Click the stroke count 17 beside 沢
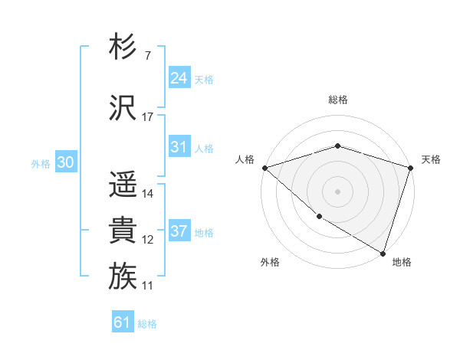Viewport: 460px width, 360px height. pyautogui.click(x=148, y=117)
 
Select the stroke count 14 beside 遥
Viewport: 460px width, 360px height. pyautogui.click(x=148, y=194)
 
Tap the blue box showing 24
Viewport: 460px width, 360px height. pyautogui.click(x=179, y=77)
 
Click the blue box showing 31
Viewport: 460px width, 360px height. pyautogui.click(x=179, y=147)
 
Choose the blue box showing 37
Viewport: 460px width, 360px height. pyautogui.click(x=179, y=231)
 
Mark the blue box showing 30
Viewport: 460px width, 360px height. pyautogui.click(x=65, y=162)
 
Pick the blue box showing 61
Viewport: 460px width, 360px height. pyautogui.click(x=123, y=322)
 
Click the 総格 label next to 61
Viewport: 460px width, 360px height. pyautogui.click(x=147, y=324)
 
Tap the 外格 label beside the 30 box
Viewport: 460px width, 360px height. pyautogui.click(x=41, y=164)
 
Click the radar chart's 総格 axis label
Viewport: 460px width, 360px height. pyautogui.click(x=337, y=100)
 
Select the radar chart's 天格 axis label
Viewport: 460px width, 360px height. pyautogui.click(x=431, y=159)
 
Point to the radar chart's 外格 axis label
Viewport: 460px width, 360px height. pyautogui.click(x=270, y=262)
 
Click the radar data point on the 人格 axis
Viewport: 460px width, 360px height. pyautogui.click(x=264, y=168)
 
